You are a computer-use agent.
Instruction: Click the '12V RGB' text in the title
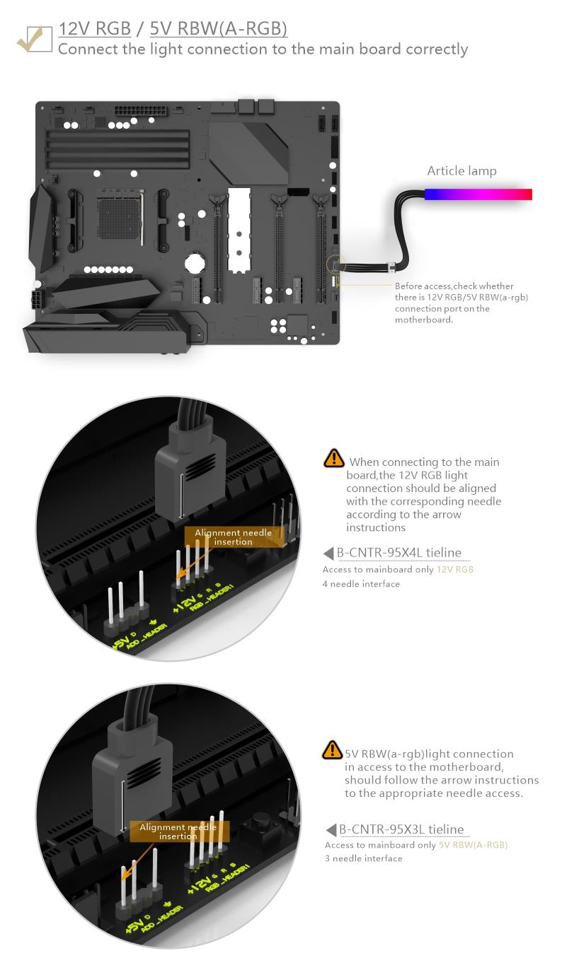click(95, 28)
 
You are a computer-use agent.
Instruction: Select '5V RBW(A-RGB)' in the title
click(219, 28)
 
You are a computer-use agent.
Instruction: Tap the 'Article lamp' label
click(461, 171)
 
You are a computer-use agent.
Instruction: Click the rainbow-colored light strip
click(478, 194)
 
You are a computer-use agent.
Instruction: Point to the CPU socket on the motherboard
click(120, 214)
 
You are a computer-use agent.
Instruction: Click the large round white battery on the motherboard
click(194, 262)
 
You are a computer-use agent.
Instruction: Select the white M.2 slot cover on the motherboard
click(239, 230)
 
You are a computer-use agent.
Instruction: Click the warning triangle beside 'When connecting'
click(333, 458)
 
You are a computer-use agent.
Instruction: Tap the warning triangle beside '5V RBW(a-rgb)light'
click(332, 749)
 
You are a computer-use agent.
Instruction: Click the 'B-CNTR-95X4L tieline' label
click(399, 553)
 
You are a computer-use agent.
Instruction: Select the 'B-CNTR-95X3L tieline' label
click(401, 829)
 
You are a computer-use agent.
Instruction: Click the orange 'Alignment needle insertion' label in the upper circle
click(234, 537)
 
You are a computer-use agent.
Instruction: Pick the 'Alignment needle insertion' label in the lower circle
click(178, 831)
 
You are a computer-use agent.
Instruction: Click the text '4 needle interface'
click(361, 584)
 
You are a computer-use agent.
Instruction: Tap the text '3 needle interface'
click(363, 858)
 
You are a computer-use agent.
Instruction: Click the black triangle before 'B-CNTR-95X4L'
click(328, 553)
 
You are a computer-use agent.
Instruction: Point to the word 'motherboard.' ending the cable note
click(424, 320)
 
